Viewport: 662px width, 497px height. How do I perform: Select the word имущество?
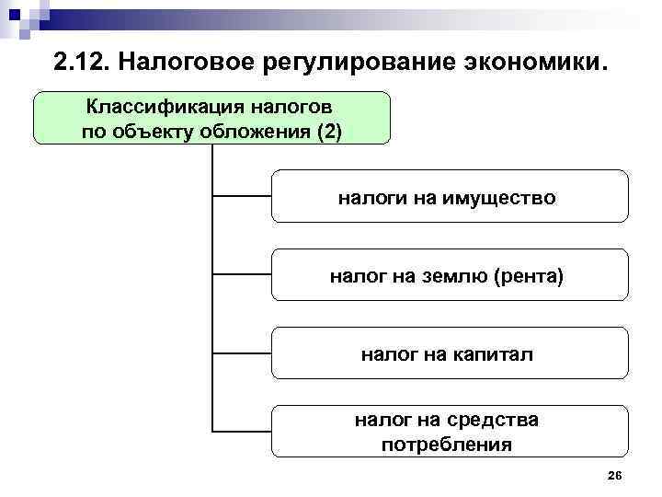click(x=502, y=197)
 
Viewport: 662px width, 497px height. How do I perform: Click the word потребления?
click(x=447, y=445)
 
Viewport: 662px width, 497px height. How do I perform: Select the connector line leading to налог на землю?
click(x=242, y=274)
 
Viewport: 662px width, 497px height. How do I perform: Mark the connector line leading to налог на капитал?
click(x=242, y=353)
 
